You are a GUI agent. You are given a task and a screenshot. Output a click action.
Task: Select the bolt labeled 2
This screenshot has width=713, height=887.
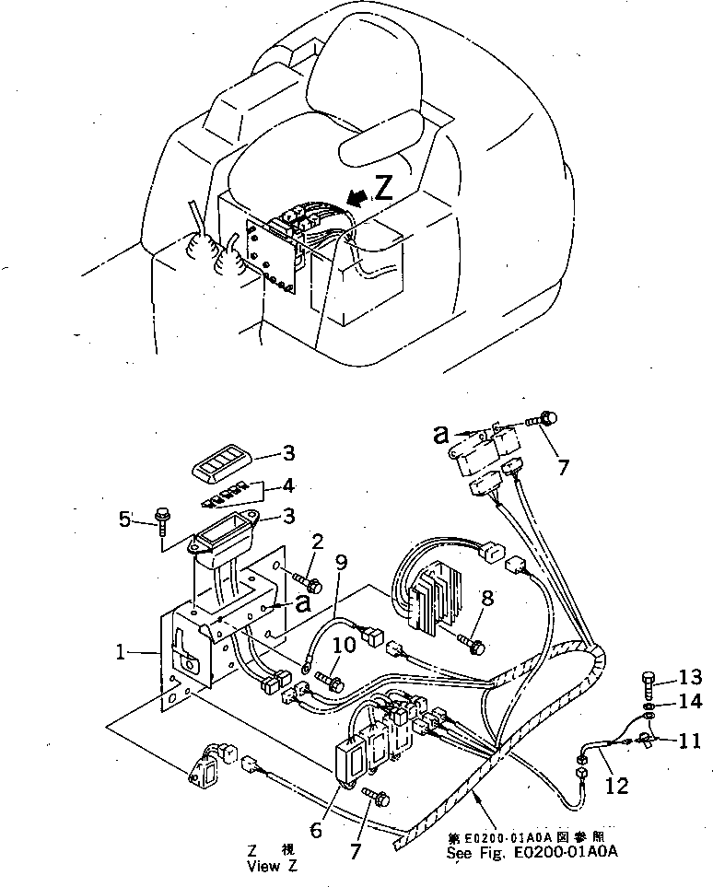(306, 580)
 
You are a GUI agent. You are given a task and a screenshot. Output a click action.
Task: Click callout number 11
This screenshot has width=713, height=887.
(691, 738)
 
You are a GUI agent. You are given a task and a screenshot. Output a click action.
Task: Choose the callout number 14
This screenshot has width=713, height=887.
(691, 702)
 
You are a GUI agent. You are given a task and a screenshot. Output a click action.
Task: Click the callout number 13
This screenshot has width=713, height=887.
(691, 679)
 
